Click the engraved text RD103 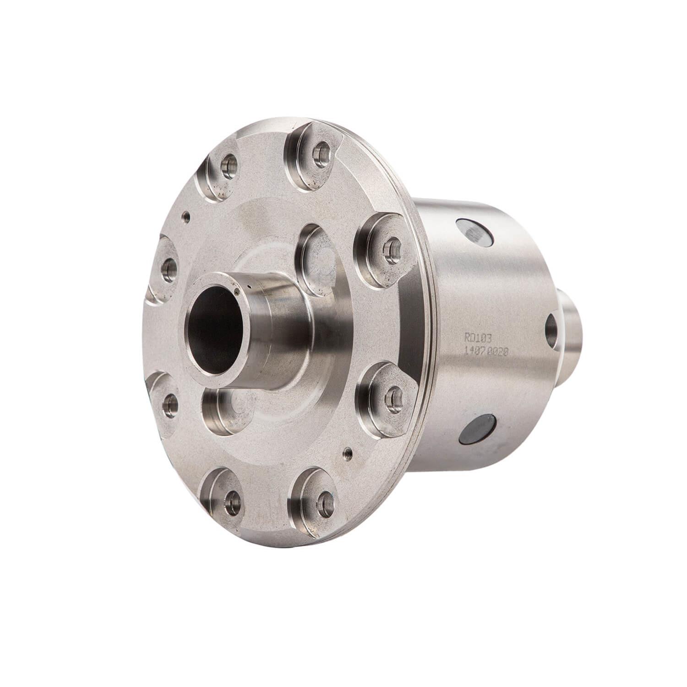(479, 338)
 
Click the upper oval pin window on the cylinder (476, 232)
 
